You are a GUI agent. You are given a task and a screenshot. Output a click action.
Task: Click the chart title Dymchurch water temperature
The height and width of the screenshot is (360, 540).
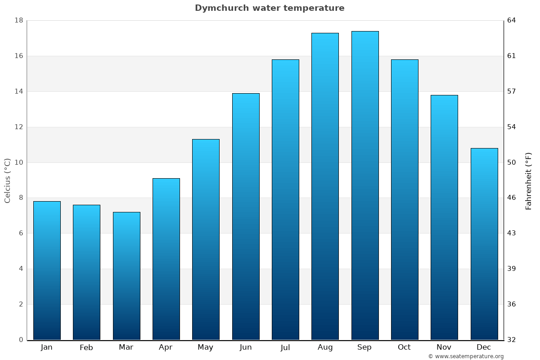(270, 8)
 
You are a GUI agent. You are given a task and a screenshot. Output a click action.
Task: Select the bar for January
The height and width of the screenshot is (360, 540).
(47, 270)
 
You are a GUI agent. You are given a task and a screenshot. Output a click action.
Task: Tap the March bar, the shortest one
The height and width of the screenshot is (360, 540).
(126, 276)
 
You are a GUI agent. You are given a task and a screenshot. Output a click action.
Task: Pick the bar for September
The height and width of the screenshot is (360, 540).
(365, 185)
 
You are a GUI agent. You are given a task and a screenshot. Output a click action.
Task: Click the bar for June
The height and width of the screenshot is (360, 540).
(246, 216)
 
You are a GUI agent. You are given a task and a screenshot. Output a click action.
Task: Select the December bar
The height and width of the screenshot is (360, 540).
(484, 244)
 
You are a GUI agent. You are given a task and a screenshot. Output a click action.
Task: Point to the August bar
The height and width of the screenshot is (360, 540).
(325, 186)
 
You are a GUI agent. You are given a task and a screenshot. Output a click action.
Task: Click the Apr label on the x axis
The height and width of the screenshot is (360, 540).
(166, 347)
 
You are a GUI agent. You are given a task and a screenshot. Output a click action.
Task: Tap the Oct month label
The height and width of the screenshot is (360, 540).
(404, 347)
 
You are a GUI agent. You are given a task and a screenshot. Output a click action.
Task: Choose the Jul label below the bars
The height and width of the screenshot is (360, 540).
(285, 347)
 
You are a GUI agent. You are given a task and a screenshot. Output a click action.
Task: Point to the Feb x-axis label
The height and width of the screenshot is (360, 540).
(86, 347)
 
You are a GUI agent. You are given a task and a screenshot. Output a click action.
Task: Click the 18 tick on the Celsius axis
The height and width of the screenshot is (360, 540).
(19, 21)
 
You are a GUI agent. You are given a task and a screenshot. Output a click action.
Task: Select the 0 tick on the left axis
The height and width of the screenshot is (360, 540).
(21, 340)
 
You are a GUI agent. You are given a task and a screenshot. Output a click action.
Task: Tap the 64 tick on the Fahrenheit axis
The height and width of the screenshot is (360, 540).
(512, 21)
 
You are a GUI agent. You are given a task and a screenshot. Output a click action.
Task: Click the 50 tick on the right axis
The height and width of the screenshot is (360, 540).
(512, 162)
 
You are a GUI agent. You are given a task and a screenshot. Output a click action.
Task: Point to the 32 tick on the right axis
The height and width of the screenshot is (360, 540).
(512, 340)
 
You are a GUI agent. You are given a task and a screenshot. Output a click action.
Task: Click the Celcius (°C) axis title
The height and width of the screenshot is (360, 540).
(8, 180)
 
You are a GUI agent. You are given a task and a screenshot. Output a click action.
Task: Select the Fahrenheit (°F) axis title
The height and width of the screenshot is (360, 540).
(528, 180)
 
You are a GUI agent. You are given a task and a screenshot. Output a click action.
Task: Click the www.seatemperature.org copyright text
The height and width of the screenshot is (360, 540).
(466, 356)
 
